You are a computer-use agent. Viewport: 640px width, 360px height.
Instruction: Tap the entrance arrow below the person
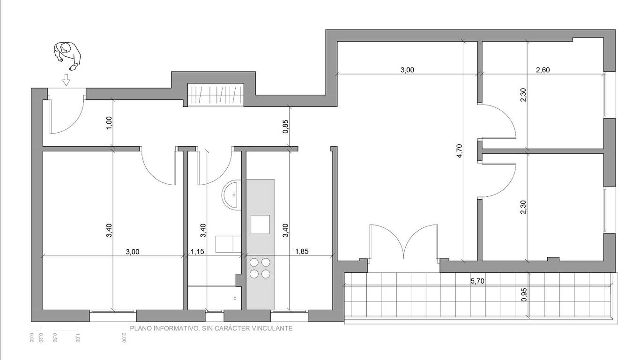tap(66, 80)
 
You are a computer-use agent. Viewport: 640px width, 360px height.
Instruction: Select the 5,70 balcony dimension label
tap(477, 281)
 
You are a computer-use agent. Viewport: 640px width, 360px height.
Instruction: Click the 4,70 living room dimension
tap(460, 151)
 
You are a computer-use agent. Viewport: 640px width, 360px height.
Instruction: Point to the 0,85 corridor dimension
tap(286, 127)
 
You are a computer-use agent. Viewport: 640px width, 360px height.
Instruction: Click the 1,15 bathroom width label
tap(197, 252)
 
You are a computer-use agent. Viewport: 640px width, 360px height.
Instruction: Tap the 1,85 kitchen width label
tap(302, 252)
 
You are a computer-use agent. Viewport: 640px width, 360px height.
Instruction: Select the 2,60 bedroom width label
tap(543, 70)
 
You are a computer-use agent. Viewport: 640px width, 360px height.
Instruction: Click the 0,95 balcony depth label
tap(524, 294)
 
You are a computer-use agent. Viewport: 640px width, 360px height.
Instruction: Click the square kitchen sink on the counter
tap(260, 225)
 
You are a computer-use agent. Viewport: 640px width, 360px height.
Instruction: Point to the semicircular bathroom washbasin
tap(231, 195)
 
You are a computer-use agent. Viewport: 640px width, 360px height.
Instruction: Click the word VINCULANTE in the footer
tap(272, 328)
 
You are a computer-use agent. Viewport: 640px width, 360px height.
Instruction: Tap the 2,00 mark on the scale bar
tap(124, 337)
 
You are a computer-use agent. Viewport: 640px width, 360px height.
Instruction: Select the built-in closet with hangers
tap(216, 95)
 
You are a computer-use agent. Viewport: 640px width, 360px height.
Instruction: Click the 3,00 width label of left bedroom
tap(133, 252)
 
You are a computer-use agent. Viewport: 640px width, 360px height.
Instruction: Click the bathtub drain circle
tap(235, 299)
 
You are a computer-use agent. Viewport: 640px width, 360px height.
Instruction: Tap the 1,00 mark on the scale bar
tap(77, 337)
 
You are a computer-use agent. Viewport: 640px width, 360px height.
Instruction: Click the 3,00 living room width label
tap(407, 70)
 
